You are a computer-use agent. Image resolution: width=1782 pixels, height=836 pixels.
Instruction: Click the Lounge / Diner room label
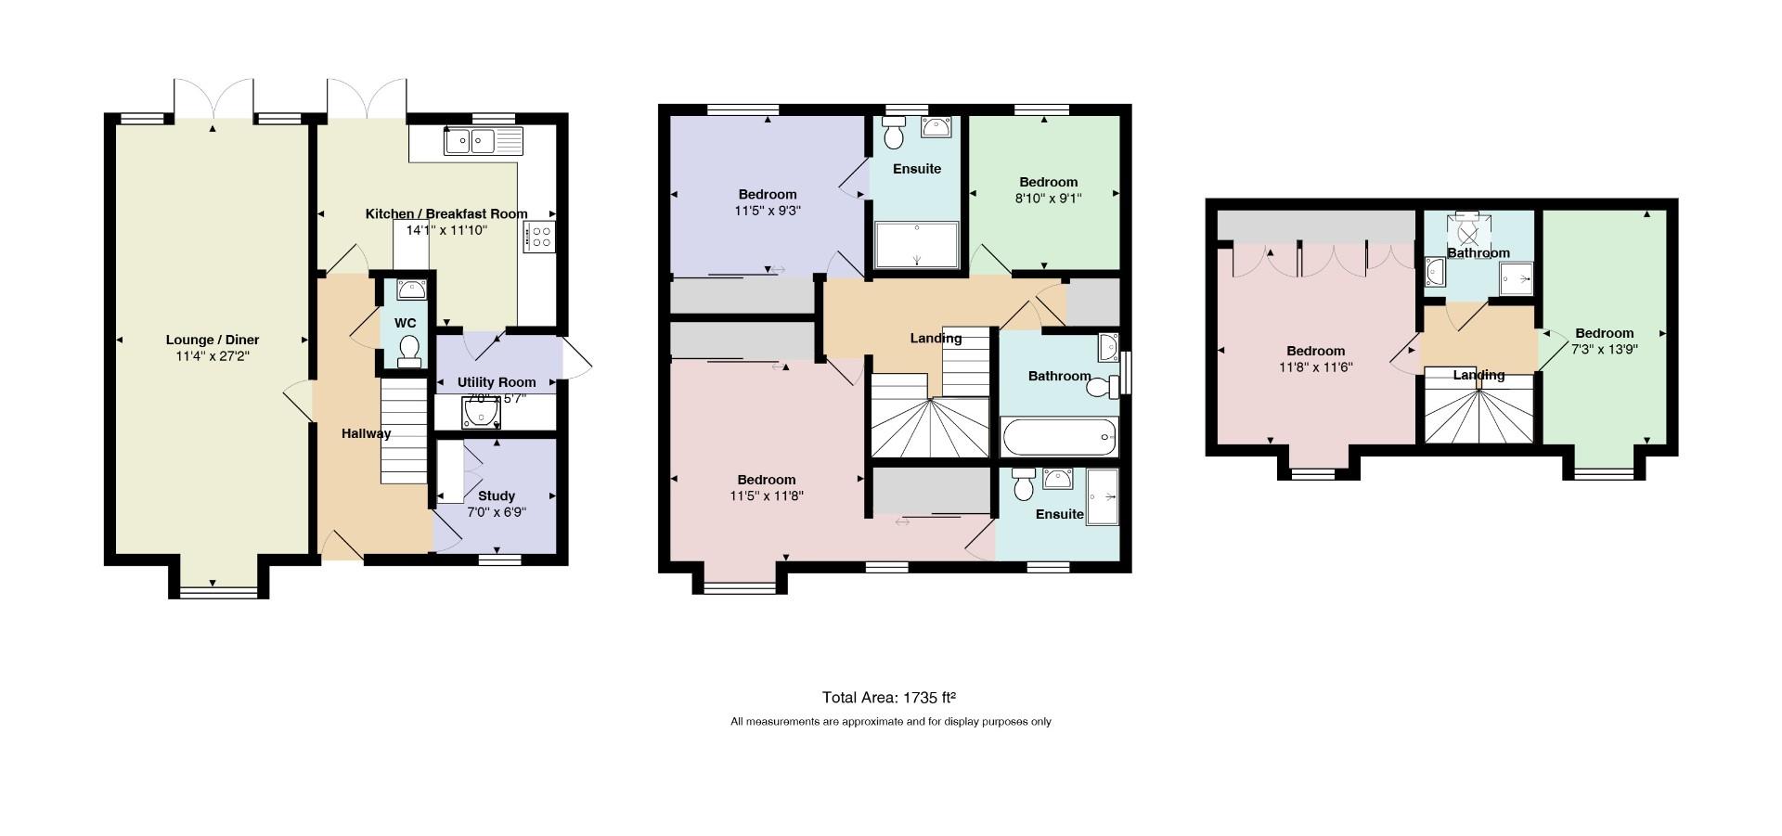(213, 340)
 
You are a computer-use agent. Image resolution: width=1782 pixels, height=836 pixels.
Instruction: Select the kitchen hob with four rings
(540, 237)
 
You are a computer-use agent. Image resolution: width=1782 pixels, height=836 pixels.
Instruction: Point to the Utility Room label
(497, 382)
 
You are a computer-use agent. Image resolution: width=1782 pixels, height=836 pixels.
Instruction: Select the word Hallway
(366, 433)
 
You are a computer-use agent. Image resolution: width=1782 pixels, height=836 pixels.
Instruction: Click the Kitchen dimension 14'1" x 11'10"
(446, 230)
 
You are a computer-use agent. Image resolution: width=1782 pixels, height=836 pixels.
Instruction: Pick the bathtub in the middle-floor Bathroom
(1059, 436)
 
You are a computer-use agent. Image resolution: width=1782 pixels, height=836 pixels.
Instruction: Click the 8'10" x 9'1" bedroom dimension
(1049, 198)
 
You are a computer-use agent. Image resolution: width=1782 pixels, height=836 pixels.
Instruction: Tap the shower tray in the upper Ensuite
(917, 245)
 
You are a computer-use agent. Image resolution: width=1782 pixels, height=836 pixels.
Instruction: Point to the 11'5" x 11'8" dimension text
(767, 495)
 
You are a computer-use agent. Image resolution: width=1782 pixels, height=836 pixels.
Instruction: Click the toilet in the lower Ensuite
(1024, 483)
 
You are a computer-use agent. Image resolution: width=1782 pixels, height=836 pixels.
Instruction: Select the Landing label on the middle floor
(936, 339)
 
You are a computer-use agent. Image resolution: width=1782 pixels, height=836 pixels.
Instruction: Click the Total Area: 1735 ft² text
(889, 697)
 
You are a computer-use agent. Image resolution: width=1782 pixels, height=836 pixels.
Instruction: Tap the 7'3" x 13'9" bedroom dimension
(1604, 349)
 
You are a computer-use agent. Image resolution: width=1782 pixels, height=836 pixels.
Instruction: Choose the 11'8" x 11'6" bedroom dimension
(1315, 367)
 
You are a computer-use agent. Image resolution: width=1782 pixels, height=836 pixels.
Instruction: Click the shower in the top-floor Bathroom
(1517, 278)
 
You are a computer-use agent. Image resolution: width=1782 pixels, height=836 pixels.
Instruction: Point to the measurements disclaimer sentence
(890, 721)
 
